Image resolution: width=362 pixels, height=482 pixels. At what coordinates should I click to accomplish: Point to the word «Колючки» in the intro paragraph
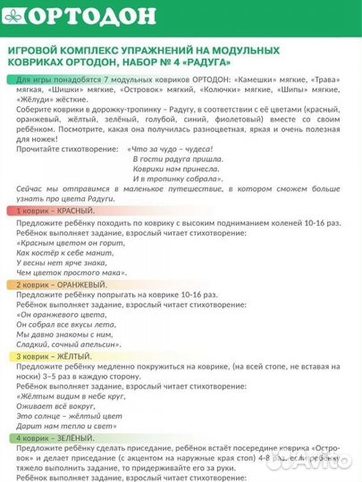tap(227, 91)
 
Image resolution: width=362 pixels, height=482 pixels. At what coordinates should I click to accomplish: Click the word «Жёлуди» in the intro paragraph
tap(34, 101)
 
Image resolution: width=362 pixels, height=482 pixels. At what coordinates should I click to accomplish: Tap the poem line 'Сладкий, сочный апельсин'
tap(66, 345)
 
